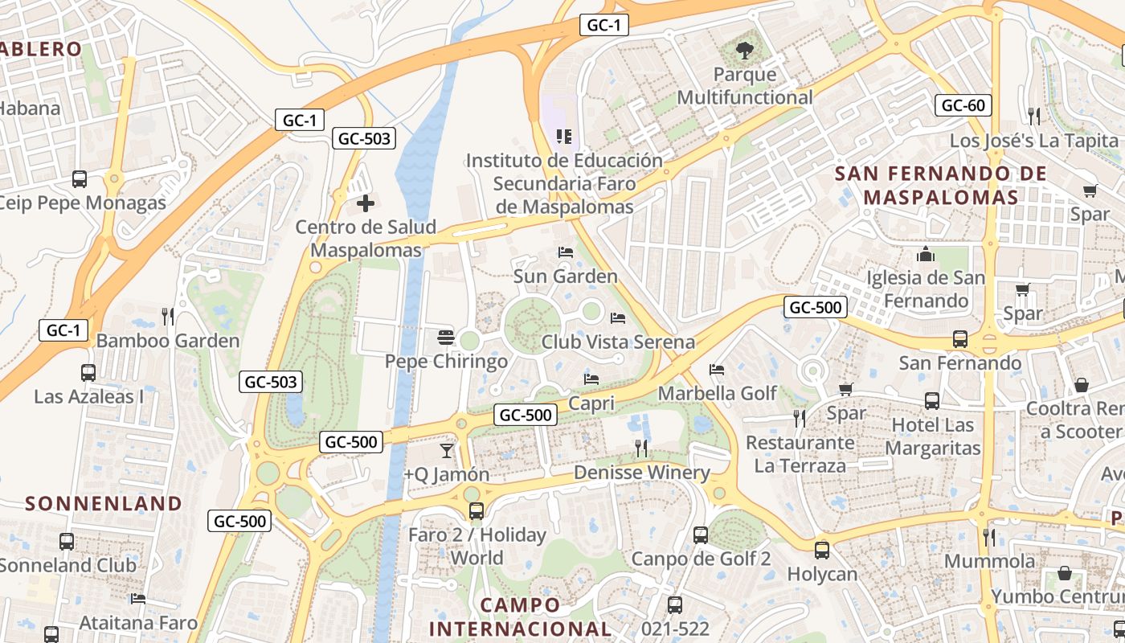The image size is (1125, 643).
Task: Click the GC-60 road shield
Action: click(963, 105)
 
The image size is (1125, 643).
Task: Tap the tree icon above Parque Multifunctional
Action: click(745, 51)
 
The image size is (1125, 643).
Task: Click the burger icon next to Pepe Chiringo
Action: click(446, 338)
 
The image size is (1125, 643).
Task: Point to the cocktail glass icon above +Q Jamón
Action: click(447, 451)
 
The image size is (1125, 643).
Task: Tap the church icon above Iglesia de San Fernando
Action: click(926, 255)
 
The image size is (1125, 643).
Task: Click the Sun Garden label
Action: click(566, 276)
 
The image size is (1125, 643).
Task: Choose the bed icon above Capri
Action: click(591, 379)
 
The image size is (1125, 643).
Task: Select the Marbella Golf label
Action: click(718, 393)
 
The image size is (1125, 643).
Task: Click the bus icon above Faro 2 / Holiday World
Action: click(477, 510)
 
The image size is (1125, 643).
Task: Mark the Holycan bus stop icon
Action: click(821, 551)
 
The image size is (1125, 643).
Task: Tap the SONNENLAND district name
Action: click(104, 504)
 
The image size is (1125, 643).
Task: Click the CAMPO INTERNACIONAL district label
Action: click(520, 616)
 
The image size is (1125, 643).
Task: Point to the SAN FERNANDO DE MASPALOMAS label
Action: click(941, 186)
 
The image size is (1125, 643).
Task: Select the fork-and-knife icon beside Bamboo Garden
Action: click(167, 317)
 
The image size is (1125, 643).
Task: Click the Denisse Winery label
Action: click(642, 473)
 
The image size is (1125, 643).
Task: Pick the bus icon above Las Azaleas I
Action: click(88, 373)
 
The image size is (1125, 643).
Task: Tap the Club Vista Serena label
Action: click(618, 342)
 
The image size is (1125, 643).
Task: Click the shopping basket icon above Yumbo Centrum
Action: click(1065, 573)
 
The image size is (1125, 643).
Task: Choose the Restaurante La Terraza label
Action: click(800, 454)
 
